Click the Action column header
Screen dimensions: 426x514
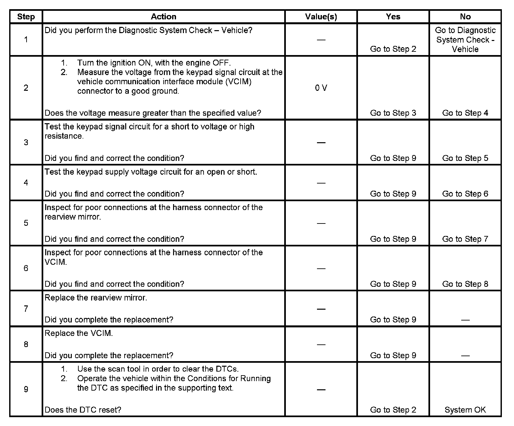(x=163, y=17)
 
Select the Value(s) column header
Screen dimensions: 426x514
(x=321, y=17)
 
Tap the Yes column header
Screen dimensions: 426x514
(x=393, y=17)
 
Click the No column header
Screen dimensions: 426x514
(x=465, y=17)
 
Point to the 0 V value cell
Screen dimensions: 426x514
(x=321, y=88)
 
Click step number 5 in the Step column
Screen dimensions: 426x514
(x=26, y=223)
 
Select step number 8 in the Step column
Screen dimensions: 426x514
(x=26, y=344)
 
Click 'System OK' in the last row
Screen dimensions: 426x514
(x=465, y=410)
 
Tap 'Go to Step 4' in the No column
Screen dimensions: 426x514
(x=465, y=113)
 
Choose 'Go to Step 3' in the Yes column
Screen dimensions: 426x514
(x=393, y=113)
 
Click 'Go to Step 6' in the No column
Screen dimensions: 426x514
(x=465, y=194)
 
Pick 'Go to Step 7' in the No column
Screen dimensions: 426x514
(x=465, y=239)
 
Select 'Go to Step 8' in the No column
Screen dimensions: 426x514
(x=465, y=284)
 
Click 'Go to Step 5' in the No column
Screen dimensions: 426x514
(x=465, y=158)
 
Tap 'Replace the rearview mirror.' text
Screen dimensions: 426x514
(x=96, y=298)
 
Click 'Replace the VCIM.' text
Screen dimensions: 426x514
(x=79, y=334)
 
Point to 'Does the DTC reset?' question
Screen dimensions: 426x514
(x=83, y=410)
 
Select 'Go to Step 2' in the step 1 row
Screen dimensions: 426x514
(x=393, y=49)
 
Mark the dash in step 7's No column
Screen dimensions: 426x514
(x=465, y=320)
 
